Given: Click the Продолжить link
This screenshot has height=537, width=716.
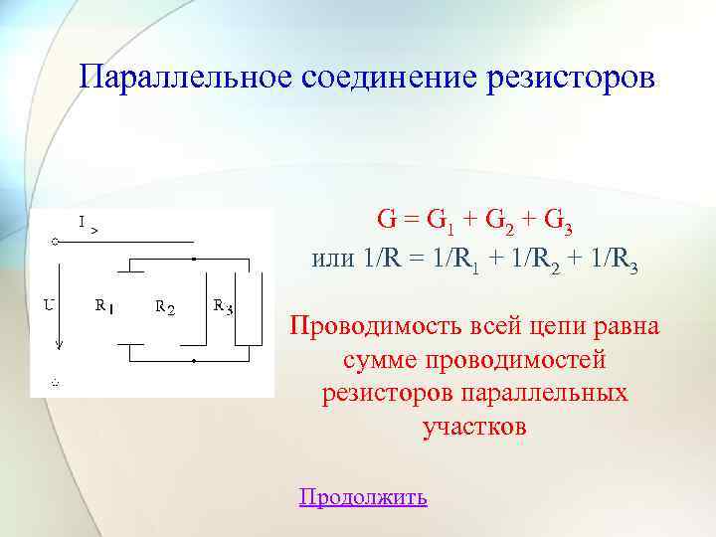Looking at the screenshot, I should (363, 496).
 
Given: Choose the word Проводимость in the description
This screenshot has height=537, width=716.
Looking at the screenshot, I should (370, 326).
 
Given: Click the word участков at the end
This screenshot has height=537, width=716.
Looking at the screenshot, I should (473, 428).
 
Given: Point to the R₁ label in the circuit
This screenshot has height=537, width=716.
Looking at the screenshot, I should (103, 307).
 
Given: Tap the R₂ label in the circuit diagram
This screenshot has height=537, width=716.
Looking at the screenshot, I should (165, 307).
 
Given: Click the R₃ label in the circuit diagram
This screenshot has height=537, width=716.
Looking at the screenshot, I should (223, 306).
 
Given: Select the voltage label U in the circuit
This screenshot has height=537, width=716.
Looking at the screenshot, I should (48, 305).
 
